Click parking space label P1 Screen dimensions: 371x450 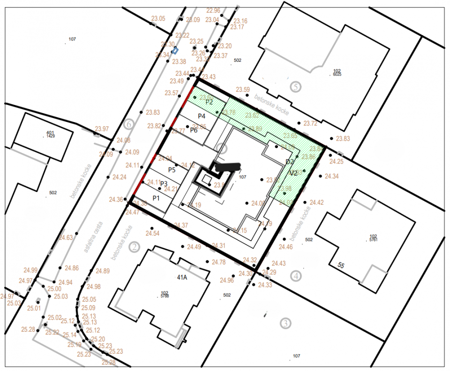156,198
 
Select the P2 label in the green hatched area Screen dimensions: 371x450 209,102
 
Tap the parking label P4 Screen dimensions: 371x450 202,116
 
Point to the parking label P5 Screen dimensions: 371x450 172,170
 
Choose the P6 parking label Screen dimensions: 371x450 194,130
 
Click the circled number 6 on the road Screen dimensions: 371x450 129,125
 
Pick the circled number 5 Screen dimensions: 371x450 295,86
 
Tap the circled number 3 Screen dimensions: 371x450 285,323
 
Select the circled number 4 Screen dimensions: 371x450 295,275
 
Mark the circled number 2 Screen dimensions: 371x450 135,247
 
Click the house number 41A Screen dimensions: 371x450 182,277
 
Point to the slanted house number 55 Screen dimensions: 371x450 341,265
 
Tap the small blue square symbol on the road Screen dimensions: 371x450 175,50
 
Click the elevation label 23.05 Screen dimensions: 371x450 158,19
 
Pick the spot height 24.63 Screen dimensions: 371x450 66,238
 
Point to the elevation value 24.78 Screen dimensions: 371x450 219,262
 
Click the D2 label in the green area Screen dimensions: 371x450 290,162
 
